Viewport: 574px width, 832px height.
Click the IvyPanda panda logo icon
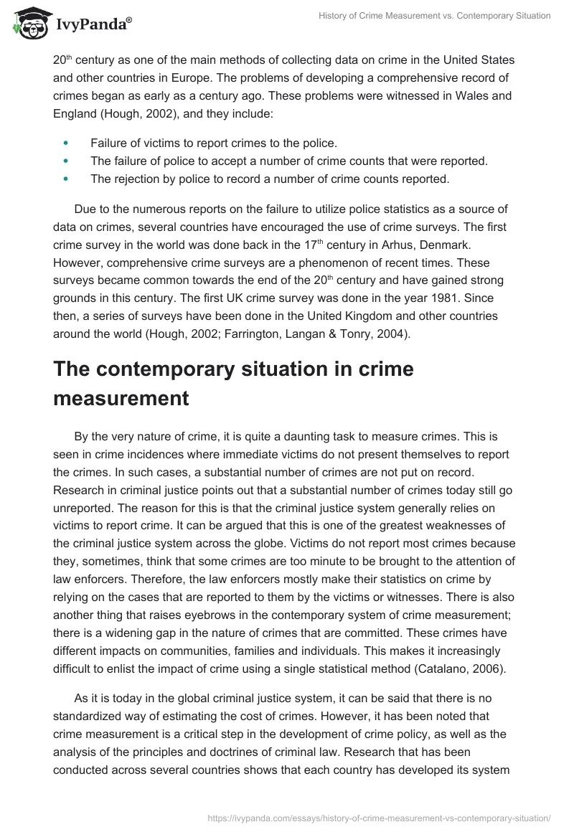27,24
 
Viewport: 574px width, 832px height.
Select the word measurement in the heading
121,398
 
